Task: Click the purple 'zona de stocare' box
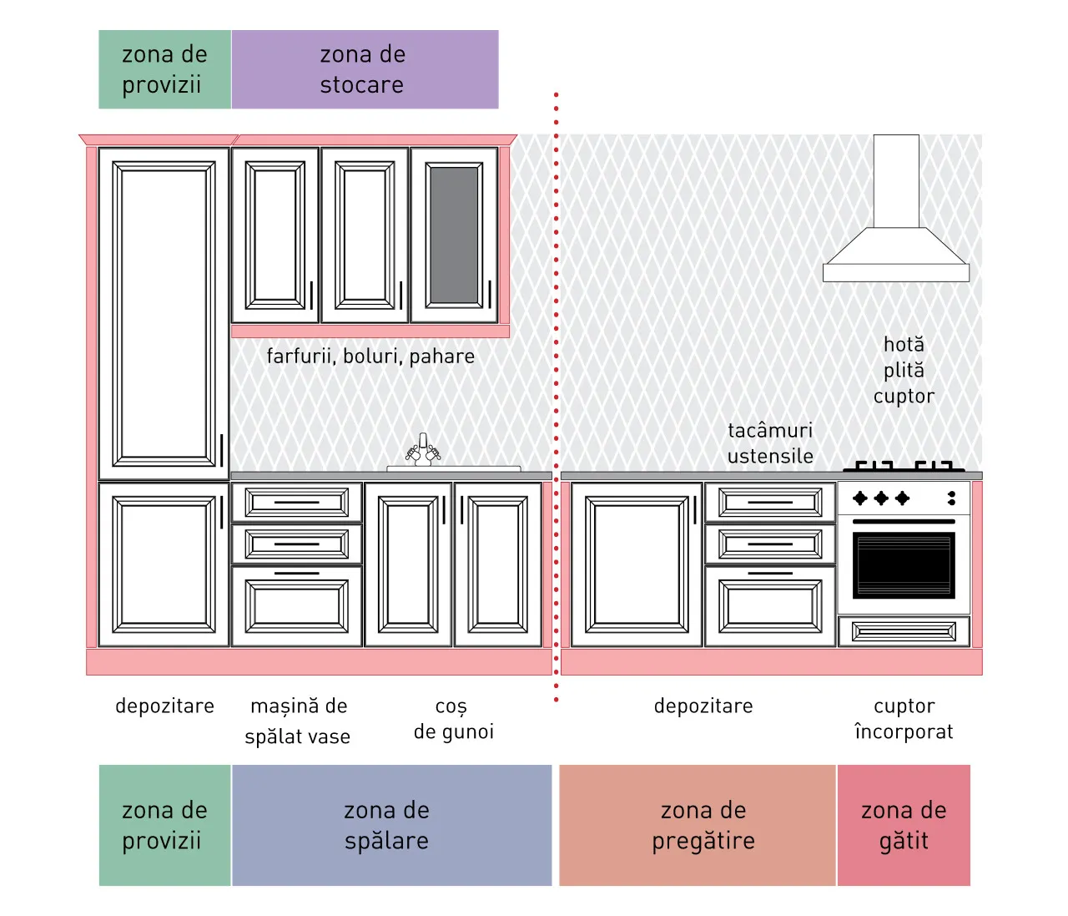pyautogui.click(x=365, y=69)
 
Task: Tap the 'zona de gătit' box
pyautogui.click(x=904, y=826)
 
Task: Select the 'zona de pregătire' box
pyautogui.click(x=698, y=826)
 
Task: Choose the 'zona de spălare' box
pyautogui.click(x=391, y=826)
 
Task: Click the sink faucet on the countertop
pyautogui.click(x=423, y=450)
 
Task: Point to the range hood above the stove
pyautogui.click(x=896, y=208)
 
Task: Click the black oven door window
pyautogui.click(x=904, y=565)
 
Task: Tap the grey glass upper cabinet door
pyautogui.click(x=454, y=235)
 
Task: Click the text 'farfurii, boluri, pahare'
pyautogui.click(x=370, y=357)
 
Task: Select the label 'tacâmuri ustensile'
pyautogui.click(x=770, y=443)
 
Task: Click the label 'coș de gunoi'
pyautogui.click(x=454, y=719)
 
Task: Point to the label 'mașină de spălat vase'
pyautogui.click(x=298, y=721)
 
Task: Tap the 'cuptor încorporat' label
pyautogui.click(x=904, y=719)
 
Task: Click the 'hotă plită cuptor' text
pyautogui.click(x=904, y=371)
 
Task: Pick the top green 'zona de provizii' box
pyautogui.click(x=165, y=69)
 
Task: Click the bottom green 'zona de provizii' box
pyautogui.click(x=165, y=826)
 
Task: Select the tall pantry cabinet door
pyautogui.click(x=164, y=314)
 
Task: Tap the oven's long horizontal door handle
pyautogui.click(x=904, y=521)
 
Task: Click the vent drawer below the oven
pyautogui.click(x=904, y=631)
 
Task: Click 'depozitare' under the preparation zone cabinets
pyautogui.click(x=703, y=706)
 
